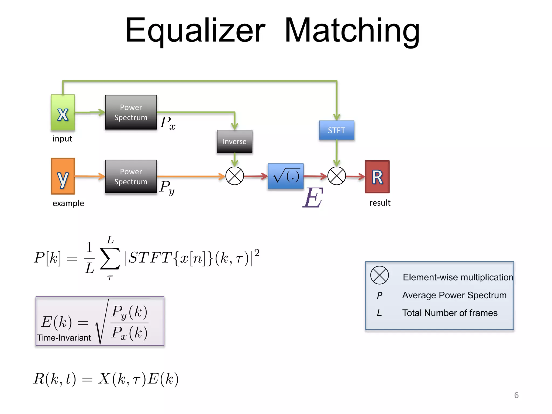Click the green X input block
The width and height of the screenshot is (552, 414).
63,113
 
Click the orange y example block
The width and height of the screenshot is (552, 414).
63,176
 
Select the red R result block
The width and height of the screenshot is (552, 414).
377,177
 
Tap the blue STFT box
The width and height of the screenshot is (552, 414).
336,130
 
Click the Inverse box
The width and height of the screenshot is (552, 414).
234,142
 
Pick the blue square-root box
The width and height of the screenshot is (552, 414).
286,176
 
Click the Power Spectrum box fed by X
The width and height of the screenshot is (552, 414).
131,112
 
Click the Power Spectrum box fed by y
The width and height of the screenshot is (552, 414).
131,177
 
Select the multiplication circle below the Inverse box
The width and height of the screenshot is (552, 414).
234,176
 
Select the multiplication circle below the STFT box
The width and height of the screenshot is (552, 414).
336,176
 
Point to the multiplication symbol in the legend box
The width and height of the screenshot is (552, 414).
379,275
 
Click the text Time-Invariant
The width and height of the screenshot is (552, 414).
64,338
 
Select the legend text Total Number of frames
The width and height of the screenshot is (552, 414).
450,313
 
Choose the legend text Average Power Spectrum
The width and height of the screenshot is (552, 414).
454,295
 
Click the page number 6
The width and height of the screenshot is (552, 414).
516,395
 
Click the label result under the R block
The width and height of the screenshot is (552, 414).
379,203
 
